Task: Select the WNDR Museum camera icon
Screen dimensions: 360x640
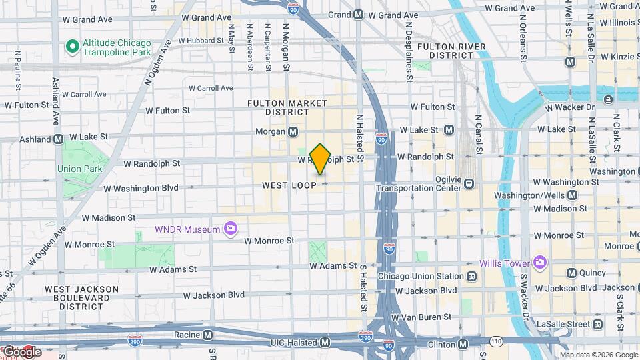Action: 231,229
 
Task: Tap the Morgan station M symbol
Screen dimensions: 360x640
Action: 293,132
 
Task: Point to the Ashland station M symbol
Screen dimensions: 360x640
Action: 58,139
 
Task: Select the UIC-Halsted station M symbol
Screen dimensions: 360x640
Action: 325,342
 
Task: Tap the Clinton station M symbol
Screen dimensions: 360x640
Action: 463,344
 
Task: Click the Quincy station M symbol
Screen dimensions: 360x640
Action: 571,273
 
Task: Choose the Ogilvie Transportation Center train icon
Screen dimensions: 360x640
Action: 469,183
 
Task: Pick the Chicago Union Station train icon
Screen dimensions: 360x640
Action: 471,276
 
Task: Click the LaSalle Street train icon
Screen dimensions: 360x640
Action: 597,324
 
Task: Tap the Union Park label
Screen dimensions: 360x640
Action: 79,169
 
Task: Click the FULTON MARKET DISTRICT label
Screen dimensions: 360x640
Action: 287,107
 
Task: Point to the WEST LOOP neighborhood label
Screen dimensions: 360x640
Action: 289,185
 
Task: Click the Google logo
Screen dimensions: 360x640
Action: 21,351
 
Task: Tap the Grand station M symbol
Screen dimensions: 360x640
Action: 358,15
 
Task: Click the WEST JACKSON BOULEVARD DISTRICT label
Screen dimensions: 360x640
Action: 81,297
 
